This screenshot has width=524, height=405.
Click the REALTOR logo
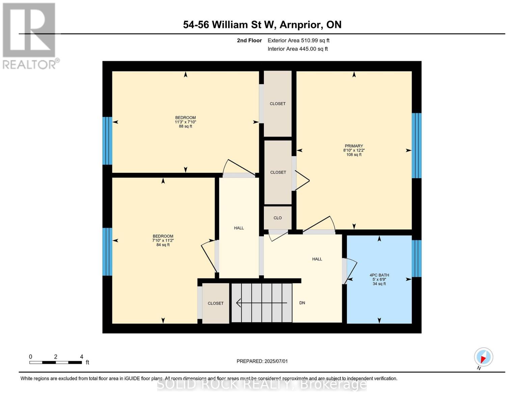tap(30, 35)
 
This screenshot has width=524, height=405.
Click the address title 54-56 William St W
tap(262, 25)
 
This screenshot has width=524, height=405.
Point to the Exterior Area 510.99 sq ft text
tap(298, 40)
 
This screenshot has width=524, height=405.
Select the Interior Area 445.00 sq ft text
tap(298, 49)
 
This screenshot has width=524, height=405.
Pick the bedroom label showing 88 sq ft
tap(185, 122)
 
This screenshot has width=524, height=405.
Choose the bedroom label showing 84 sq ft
tap(163, 240)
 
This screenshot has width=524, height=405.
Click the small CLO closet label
tap(277, 218)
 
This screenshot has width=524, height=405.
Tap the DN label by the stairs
tap(302, 303)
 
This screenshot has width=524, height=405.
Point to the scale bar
tap(56, 362)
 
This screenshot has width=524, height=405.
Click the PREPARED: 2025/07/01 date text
tap(262, 361)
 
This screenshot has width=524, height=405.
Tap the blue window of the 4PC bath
tap(416, 258)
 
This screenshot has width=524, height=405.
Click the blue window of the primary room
tap(416, 145)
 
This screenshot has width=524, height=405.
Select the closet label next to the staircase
tap(215, 303)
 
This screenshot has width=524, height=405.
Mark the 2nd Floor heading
tap(249, 40)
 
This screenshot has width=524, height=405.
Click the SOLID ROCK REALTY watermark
tap(262, 384)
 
